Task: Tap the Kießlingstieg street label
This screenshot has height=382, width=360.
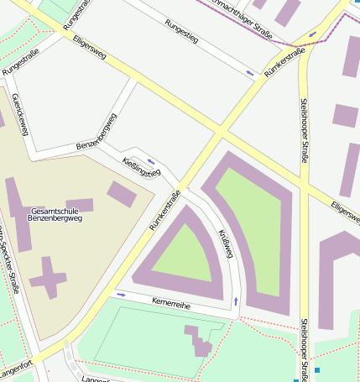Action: (x=140, y=166)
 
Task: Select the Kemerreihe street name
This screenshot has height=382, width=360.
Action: (x=171, y=303)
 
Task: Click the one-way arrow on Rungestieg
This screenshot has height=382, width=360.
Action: (x=250, y=74)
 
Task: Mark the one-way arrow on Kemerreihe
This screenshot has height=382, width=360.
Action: (x=122, y=295)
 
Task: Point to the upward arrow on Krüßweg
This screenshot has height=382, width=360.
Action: (x=236, y=300)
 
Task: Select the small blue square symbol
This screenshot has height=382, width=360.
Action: (x=317, y=369)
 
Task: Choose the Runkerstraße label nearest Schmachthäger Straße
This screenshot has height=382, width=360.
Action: (x=284, y=63)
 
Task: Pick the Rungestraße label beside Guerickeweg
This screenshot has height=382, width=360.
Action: (x=21, y=62)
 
